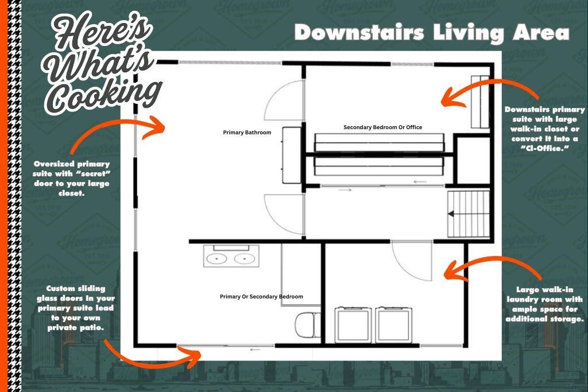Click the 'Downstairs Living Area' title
[432, 33]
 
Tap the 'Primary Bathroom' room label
[247, 132]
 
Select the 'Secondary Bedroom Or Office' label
[382, 127]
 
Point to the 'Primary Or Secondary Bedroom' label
[261, 296]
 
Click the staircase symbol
[469, 214]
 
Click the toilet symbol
[308, 324]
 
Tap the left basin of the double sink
[216, 259]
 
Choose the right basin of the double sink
[245, 259]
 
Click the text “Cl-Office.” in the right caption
[545, 149]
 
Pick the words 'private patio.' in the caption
[76, 328]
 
